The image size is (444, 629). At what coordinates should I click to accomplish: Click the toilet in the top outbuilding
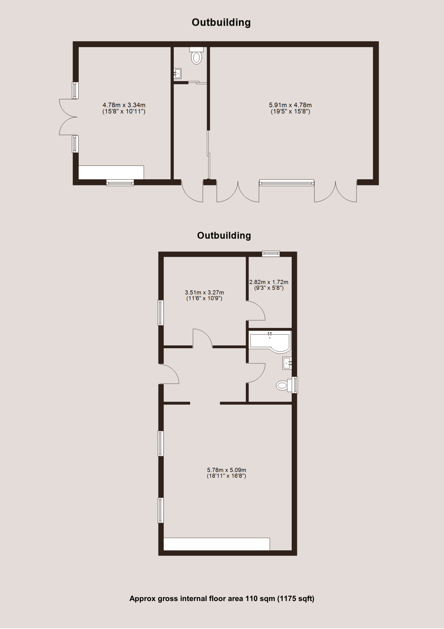click(x=196, y=56)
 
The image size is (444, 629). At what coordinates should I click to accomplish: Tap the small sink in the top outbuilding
click(x=178, y=73)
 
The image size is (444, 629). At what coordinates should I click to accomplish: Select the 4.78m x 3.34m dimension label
click(x=124, y=108)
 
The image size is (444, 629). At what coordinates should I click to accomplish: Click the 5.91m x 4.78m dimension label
click(x=290, y=108)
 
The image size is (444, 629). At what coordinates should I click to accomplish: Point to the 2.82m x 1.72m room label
click(x=269, y=285)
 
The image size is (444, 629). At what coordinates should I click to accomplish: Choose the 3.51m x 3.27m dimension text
click(x=204, y=295)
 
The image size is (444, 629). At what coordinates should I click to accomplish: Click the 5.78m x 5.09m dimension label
click(x=226, y=473)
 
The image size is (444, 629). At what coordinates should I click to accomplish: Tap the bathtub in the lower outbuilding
click(x=270, y=341)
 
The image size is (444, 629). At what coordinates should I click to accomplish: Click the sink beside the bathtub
click(x=287, y=363)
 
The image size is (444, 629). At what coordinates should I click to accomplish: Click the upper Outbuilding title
click(x=221, y=22)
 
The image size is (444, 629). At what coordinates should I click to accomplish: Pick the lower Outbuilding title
click(x=224, y=236)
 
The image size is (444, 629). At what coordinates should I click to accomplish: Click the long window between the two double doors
click(x=287, y=183)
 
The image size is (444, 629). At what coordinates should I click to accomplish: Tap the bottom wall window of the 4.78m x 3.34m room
click(x=120, y=183)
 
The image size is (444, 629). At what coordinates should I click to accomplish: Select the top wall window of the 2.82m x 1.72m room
click(x=271, y=254)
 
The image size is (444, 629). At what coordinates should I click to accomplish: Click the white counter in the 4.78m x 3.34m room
click(x=111, y=172)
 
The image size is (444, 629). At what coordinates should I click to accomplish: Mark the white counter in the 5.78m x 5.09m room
click(x=217, y=544)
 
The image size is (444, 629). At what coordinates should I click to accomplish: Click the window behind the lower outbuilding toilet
click(x=295, y=385)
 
